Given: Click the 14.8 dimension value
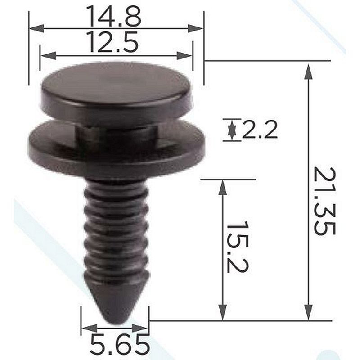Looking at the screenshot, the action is (x=114, y=16).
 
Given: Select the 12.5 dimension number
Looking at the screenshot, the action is (x=113, y=42).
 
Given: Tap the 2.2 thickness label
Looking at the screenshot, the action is (x=260, y=130).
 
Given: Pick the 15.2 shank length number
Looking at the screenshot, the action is (x=238, y=247).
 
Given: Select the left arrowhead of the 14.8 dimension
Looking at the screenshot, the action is (x=36, y=28).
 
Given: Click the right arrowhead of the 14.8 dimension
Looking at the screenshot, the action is (x=195, y=28).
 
